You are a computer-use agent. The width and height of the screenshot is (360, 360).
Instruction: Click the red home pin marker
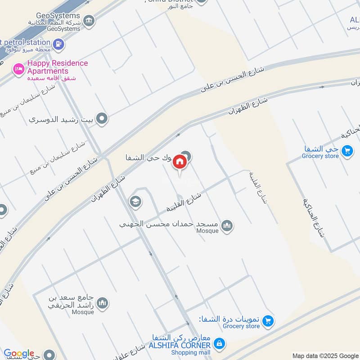[180, 162]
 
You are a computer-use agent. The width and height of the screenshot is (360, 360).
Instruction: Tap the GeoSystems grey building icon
[89, 20]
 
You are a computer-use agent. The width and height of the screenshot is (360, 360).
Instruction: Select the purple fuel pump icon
[58, 44]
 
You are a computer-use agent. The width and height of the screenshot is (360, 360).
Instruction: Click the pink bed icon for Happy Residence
[18, 68]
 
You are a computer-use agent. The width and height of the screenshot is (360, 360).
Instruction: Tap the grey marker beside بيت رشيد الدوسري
[103, 119]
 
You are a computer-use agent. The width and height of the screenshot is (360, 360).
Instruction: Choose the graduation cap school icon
[135, 202]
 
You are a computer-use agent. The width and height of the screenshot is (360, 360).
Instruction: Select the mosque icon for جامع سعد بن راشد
[103, 303]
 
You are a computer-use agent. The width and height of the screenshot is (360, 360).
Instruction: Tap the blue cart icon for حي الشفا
[346, 151]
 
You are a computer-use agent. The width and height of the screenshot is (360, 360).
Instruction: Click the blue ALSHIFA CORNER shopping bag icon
[219, 344]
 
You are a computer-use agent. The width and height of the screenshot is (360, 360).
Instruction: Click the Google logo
[19, 354]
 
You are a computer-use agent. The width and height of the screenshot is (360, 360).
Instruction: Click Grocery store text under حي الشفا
[320, 156]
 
